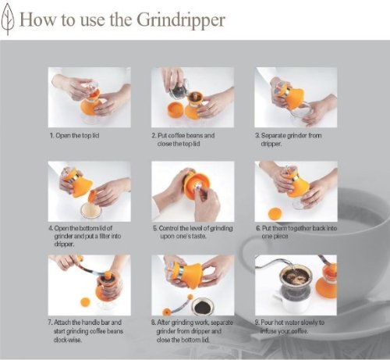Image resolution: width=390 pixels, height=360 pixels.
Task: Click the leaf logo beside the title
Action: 7,20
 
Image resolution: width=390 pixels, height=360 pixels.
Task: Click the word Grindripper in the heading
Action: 181,20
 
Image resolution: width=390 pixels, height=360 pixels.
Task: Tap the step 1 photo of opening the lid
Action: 90,98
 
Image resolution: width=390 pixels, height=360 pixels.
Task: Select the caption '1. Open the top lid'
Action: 75,136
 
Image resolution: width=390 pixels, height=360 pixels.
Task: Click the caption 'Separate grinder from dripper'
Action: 289,140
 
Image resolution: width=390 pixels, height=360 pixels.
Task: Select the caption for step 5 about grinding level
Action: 193,232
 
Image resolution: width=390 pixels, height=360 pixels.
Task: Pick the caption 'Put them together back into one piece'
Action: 296,232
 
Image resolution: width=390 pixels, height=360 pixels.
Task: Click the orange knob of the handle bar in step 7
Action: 107,274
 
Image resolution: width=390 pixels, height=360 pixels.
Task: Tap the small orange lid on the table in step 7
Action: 85,302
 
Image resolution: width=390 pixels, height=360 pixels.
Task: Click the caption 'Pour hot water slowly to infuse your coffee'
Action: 289,326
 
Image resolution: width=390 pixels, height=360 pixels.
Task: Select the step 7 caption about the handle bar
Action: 86,331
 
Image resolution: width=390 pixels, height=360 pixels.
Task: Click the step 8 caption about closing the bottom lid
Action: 192,331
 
